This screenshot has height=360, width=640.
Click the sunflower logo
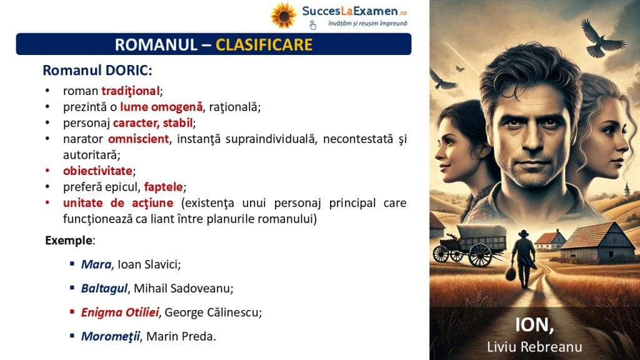click(x=284, y=16)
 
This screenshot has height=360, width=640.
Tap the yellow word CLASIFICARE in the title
click(x=264, y=44)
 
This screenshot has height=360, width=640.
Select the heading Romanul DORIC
click(x=97, y=70)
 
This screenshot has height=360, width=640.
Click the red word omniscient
click(x=138, y=139)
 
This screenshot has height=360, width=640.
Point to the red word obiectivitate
click(x=97, y=171)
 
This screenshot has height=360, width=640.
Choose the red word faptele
click(x=163, y=187)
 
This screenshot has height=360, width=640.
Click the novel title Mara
click(x=96, y=264)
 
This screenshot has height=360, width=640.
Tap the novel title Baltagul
click(x=104, y=289)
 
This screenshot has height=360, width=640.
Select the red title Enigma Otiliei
click(x=119, y=312)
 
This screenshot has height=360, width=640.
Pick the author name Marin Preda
click(x=180, y=336)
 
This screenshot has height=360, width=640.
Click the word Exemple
click(x=69, y=241)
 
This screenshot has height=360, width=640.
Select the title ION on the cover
click(x=534, y=325)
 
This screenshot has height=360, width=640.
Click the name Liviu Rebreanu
click(x=535, y=346)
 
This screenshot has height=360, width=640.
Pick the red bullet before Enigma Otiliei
click(x=72, y=312)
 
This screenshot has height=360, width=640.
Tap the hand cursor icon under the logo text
click(x=312, y=25)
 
